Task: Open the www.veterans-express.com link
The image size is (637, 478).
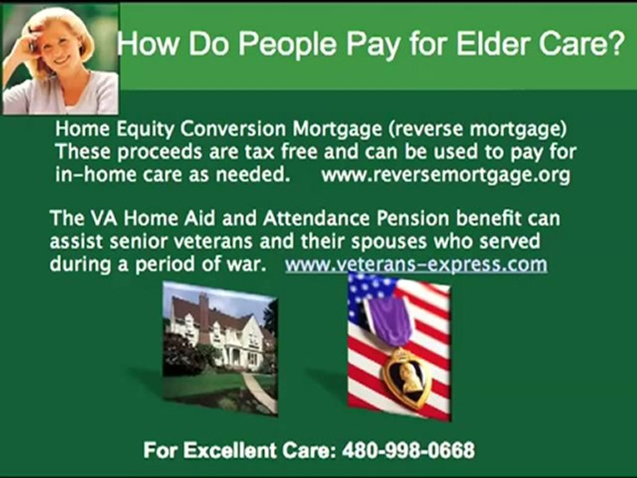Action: pos(416,264)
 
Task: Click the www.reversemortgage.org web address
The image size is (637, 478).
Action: pos(445,175)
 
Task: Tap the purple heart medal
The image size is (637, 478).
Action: pos(406,376)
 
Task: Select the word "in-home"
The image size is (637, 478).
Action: pos(91,175)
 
